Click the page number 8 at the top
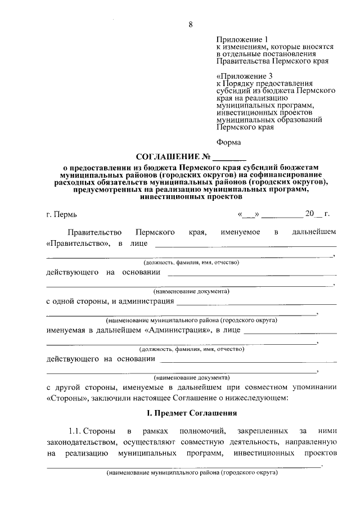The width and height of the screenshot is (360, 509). coord(191,24)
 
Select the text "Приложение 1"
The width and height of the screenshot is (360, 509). coord(240,40)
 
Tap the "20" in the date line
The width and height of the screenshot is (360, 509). coord(309,214)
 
